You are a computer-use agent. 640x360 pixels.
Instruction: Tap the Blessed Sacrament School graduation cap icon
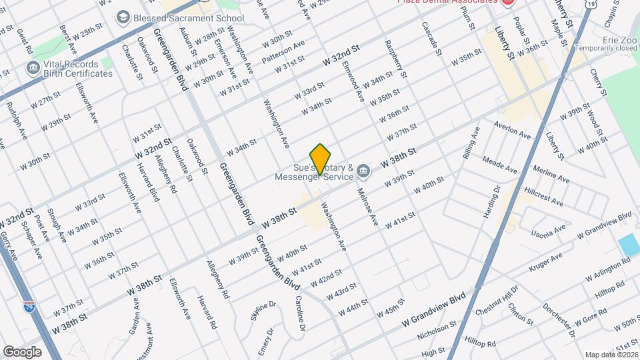coord(123,17)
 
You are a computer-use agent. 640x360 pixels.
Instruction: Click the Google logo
coord(22,352)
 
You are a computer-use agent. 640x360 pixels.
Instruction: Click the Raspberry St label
coord(395,58)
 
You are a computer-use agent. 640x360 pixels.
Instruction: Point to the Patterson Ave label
coord(283,53)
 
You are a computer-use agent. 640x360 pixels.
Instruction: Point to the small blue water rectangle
coord(629,245)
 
